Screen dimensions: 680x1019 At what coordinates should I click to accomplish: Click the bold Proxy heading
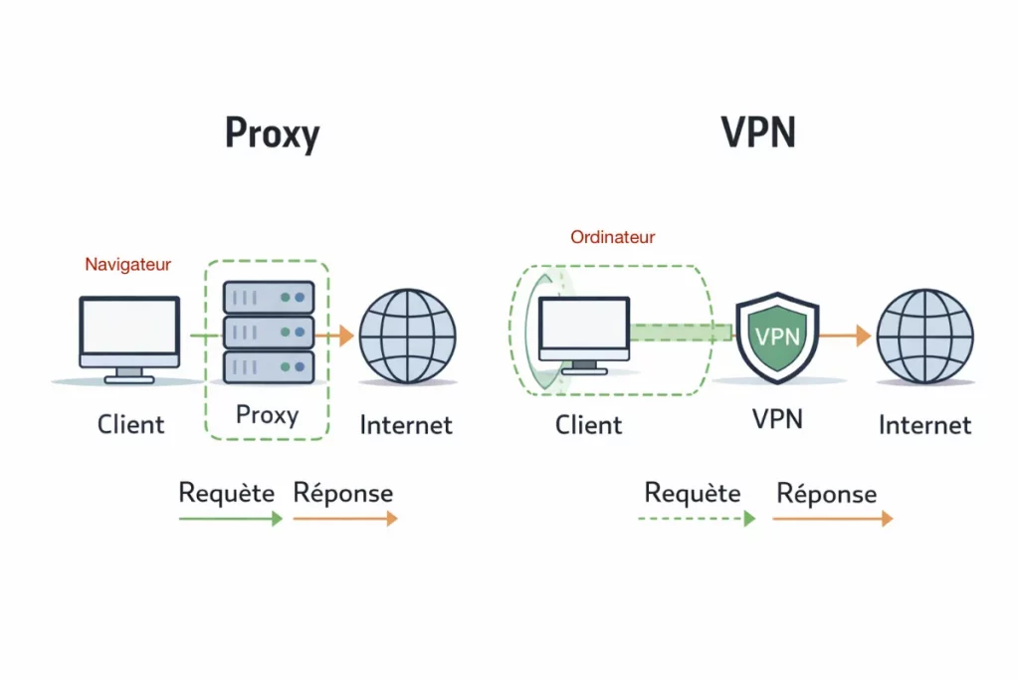click(x=272, y=134)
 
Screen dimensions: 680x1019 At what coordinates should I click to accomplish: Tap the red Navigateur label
click(x=127, y=264)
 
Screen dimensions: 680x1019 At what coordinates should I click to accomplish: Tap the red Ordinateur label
click(x=612, y=237)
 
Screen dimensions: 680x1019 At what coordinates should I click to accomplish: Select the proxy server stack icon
click(x=268, y=332)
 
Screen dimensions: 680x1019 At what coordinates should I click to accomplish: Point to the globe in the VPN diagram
click(x=924, y=336)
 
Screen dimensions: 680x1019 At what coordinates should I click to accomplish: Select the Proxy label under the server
click(x=267, y=414)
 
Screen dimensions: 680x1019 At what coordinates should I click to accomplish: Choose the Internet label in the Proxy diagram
click(x=406, y=425)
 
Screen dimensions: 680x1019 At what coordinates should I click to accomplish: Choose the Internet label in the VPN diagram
click(x=924, y=425)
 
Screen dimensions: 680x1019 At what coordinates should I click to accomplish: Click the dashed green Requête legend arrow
click(x=696, y=519)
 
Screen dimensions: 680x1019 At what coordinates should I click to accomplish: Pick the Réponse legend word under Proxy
click(x=343, y=493)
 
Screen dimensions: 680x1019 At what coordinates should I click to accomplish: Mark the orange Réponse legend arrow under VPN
click(x=832, y=519)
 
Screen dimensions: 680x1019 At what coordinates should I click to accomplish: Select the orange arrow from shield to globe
click(x=845, y=337)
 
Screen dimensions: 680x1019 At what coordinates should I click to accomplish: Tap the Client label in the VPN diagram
click(x=588, y=425)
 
